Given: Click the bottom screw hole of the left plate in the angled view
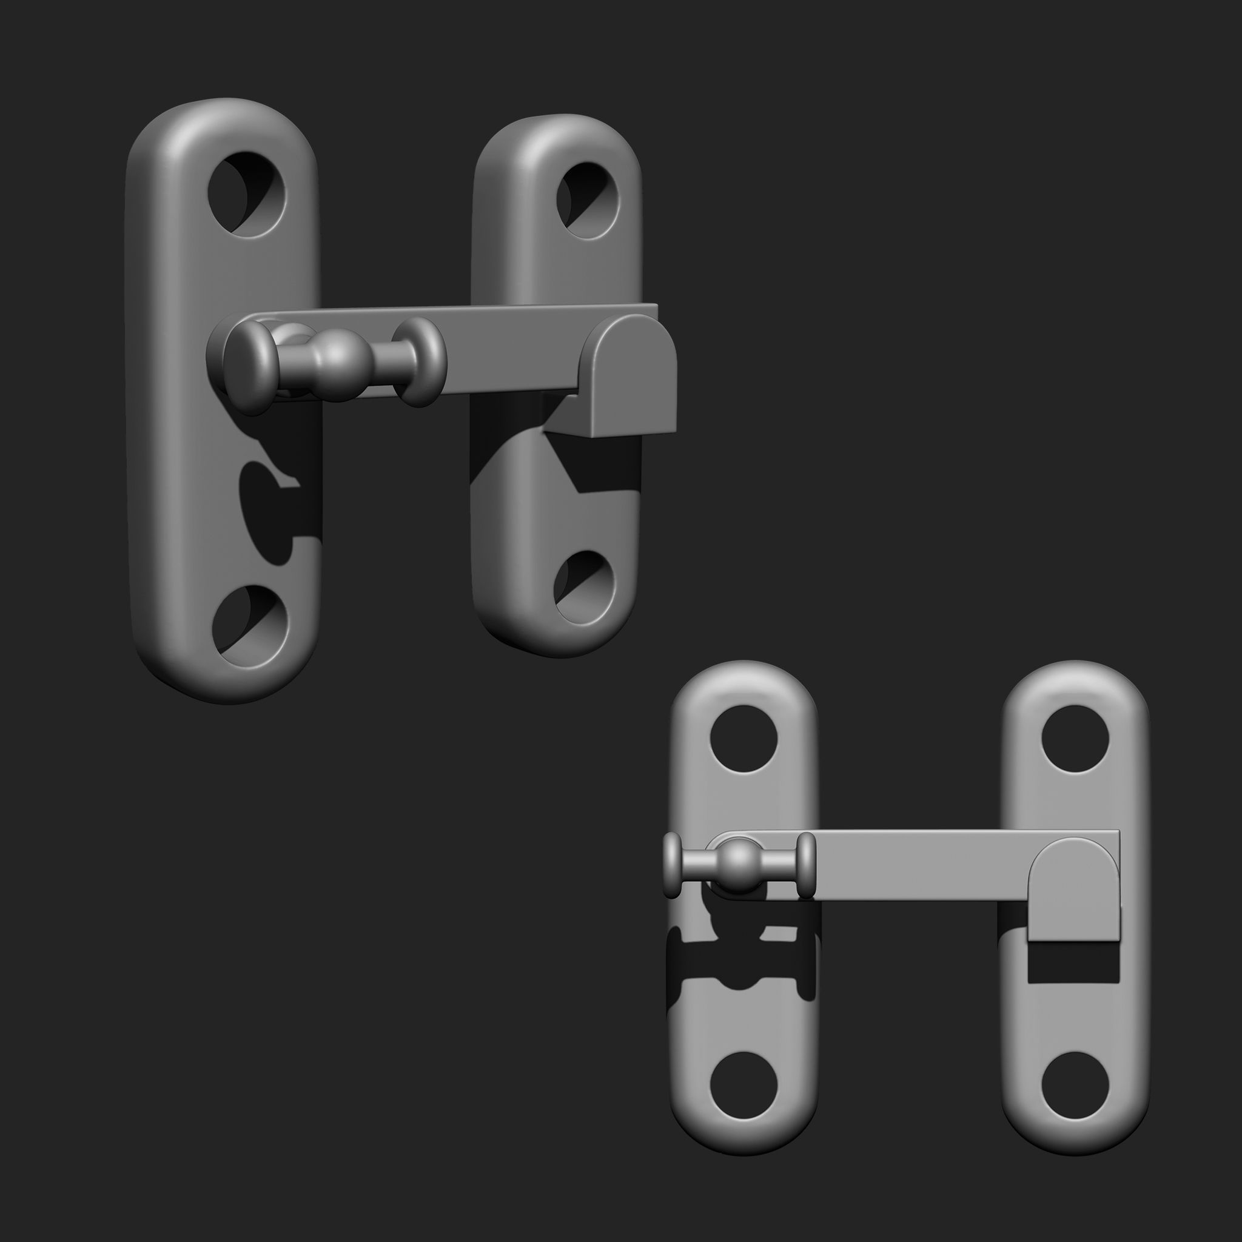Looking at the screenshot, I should coord(250,625).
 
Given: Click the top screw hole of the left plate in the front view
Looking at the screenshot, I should coord(743,739).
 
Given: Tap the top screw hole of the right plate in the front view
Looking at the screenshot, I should coord(1075,739).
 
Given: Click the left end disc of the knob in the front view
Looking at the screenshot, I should coord(671,865).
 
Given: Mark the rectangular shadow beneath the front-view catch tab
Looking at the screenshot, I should coord(1073,963).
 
